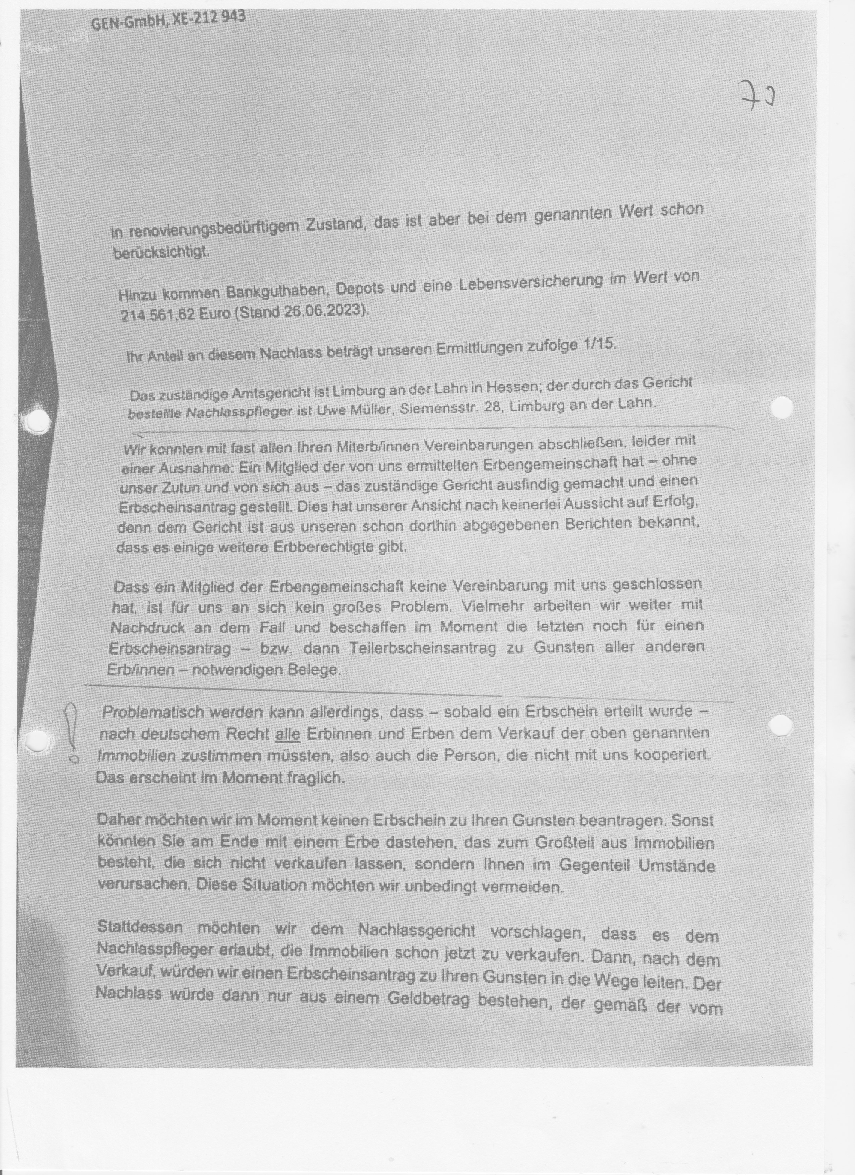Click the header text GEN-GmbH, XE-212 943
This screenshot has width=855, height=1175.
click(x=168, y=21)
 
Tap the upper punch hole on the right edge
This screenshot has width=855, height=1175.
click(x=782, y=408)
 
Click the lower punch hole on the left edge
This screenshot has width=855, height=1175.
click(x=36, y=741)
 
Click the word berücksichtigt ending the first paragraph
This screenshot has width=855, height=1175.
click(x=161, y=253)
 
